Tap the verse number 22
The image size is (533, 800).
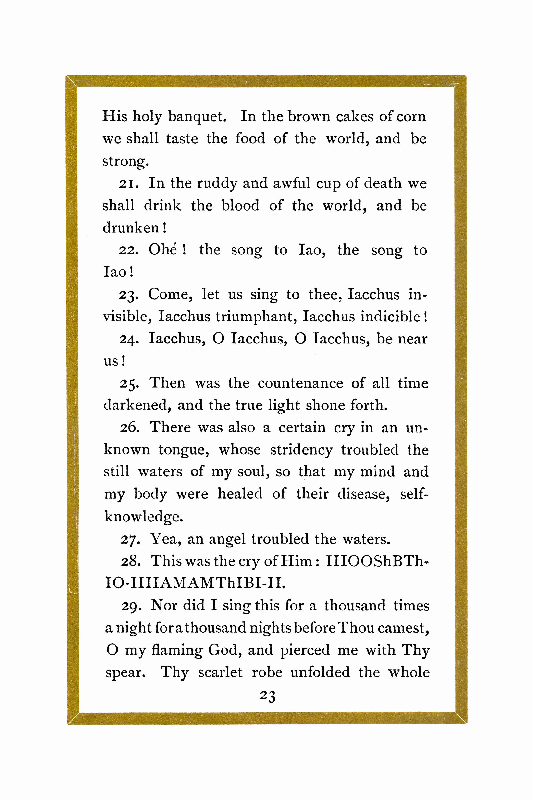coord(128,251)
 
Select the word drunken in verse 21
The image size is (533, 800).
coord(131,228)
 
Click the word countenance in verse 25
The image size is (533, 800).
coord(300,383)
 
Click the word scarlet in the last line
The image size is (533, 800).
coord(220,673)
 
